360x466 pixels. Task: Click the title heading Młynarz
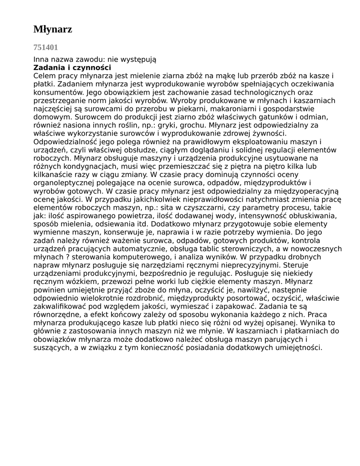[53, 30]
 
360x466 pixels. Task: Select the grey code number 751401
[46, 47]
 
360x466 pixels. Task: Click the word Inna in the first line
[41, 60]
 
